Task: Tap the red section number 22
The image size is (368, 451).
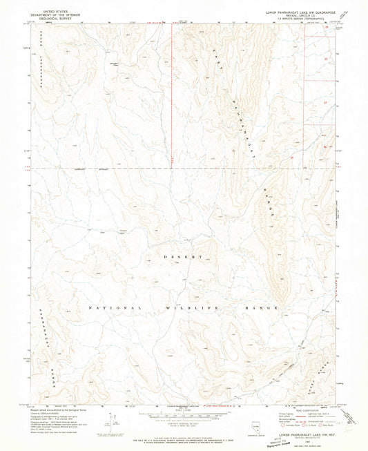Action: pos(326,59)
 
